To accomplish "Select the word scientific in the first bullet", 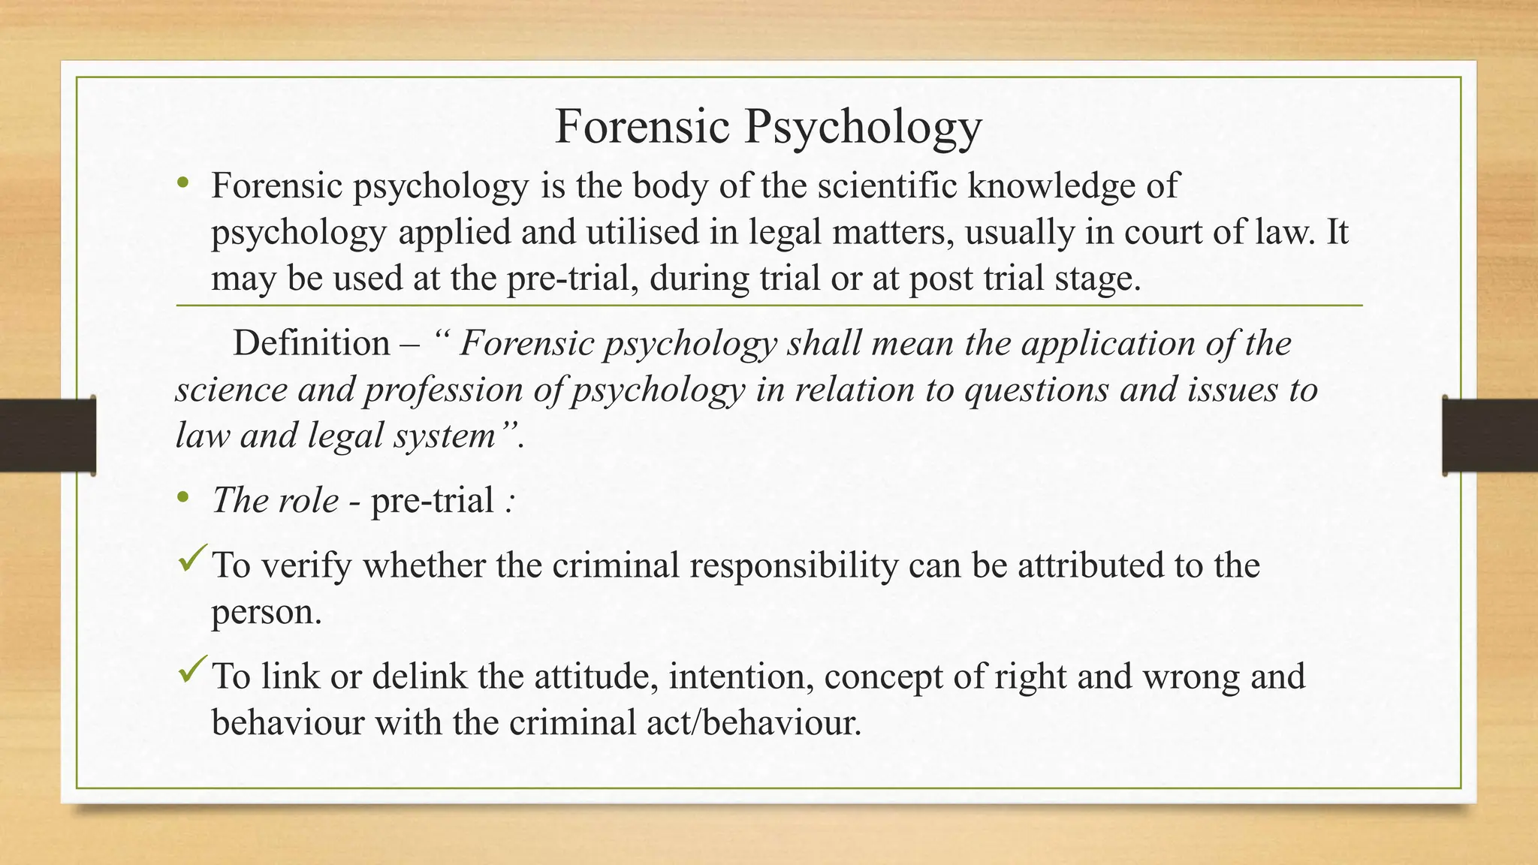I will pos(887,185).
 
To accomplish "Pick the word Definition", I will pos(311,344).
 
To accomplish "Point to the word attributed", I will pos(1090,565).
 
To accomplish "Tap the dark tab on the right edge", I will pos(1490,436).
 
